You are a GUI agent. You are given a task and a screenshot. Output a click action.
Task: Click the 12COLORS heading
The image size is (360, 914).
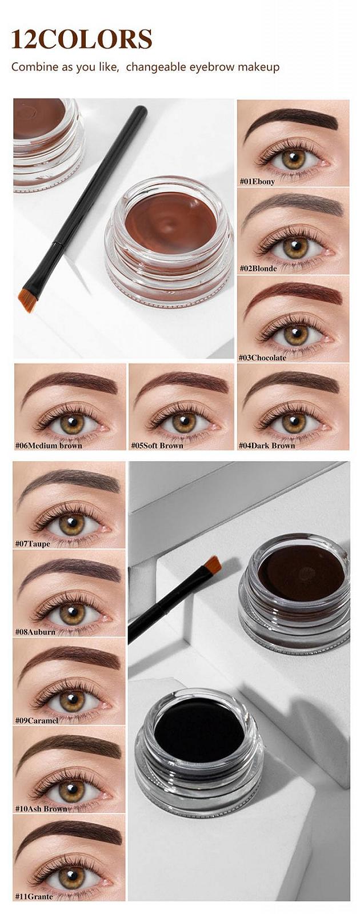[x=82, y=39]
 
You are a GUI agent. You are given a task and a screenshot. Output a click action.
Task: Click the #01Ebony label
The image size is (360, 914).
[x=257, y=181]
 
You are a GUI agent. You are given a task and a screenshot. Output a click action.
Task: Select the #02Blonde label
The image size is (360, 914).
[x=258, y=268]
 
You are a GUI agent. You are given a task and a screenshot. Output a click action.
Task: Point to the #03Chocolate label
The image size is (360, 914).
[x=262, y=358]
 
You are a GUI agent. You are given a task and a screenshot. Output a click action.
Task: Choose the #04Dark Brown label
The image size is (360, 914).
[x=266, y=445]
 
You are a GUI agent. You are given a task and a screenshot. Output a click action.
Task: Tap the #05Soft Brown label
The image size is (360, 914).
[x=157, y=445]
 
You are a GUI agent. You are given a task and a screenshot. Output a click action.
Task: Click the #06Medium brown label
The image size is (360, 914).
[x=49, y=445]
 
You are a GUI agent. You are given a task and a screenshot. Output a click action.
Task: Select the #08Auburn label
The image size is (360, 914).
[x=35, y=632]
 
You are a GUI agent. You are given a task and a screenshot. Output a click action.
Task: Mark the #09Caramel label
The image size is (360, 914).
[x=37, y=720]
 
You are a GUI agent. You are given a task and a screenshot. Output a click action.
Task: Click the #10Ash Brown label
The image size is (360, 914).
[x=41, y=809]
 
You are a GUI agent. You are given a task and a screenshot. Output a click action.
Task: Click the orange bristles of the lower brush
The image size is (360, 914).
[x=213, y=566]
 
